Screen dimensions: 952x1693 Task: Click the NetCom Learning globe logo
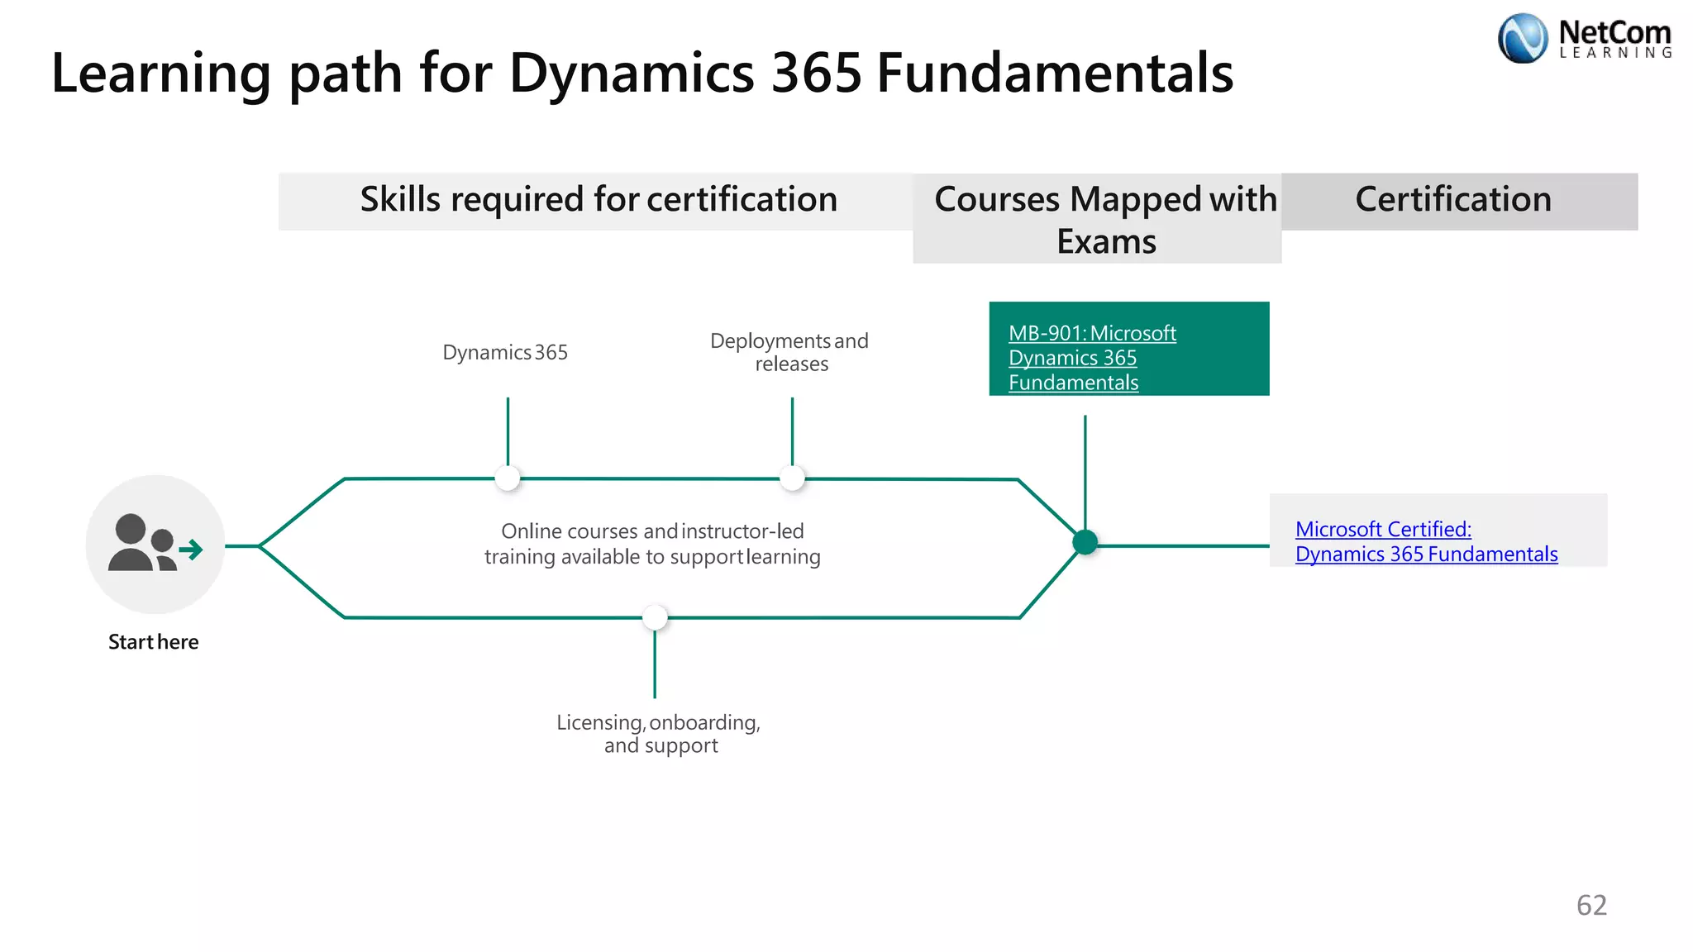[1522, 38]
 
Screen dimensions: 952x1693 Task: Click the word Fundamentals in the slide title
[1054, 73]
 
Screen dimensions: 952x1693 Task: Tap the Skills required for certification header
[599, 200]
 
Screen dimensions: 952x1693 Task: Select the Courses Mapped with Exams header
[1105, 220]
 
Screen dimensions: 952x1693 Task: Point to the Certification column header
[1453, 200]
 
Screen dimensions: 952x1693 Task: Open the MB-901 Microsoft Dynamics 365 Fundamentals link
[1091, 358]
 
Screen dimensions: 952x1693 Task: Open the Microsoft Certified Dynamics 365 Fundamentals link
[1425, 541]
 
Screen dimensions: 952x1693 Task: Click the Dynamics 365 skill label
[505, 353]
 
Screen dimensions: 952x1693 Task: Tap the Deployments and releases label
[790, 353]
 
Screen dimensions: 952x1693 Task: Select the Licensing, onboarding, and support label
[659, 734]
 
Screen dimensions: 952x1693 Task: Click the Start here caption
[154, 642]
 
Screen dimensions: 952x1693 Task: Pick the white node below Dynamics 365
[508, 478]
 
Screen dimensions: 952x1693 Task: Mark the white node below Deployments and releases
[792, 478]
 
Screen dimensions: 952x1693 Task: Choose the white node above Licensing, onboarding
[655, 617]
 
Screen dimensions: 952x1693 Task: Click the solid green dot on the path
[1085, 542]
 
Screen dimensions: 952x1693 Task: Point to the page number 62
[1591, 905]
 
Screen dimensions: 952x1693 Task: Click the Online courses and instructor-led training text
[652, 544]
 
